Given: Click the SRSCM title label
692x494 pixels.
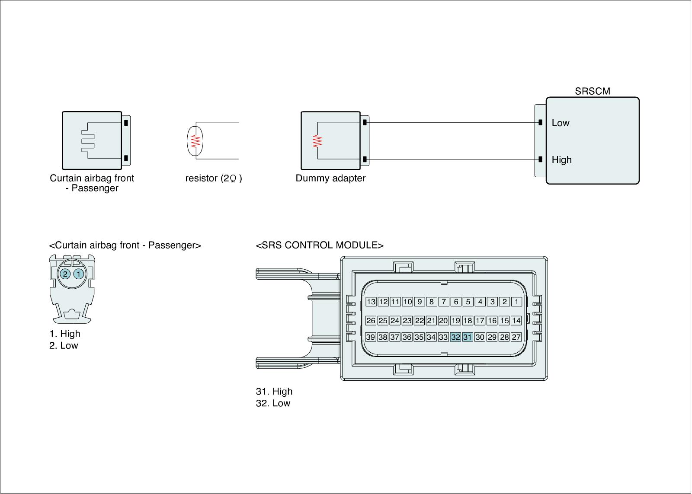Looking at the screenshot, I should pyautogui.click(x=592, y=91).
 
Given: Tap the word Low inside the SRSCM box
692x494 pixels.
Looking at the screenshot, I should pyautogui.click(x=561, y=123).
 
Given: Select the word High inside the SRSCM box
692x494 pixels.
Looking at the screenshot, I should pyautogui.click(x=561, y=160).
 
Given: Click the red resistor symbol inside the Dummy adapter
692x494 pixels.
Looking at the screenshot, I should pyautogui.click(x=318, y=141).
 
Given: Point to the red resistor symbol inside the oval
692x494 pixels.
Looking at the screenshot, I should pyautogui.click(x=195, y=141).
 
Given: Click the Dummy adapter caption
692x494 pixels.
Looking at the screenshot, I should pyautogui.click(x=330, y=178).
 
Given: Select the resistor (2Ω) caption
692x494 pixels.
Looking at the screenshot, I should pyautogui.click(x=214, y=178).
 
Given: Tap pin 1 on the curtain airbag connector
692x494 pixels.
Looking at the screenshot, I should pyautogui.click(x=79, y=274).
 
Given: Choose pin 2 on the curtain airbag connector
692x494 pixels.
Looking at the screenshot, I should pyautogui.click(x=65, y=274).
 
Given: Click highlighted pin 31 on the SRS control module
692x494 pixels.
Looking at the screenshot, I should pyautogui.click(x=468, y=337).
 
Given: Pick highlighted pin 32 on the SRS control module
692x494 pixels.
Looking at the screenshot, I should pyautogui.click(x=455, y=337).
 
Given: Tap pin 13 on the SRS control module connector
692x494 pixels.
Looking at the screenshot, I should pyautogui.click(x=371, y=302).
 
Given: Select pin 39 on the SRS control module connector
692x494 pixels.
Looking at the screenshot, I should pyautogui.click(x=371, y=337).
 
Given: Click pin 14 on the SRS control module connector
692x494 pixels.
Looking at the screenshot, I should pyautogui.click(x=516, y=321).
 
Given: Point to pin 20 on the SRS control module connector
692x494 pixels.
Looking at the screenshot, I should pyautogui.click(x=443, y=321).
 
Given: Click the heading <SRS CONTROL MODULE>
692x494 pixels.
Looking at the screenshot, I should pyautogui.click(x=320, y=245).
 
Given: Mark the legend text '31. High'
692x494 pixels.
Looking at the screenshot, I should pyautogui.click(x=274, y=392).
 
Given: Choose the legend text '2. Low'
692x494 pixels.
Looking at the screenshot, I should pyautogui.click(x=64, y=346).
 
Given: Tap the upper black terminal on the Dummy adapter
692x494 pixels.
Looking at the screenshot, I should pyautogui.click(x=365, y=123).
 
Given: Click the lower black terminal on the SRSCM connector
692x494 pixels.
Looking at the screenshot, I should pyautogui.click(x=540, y=159).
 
